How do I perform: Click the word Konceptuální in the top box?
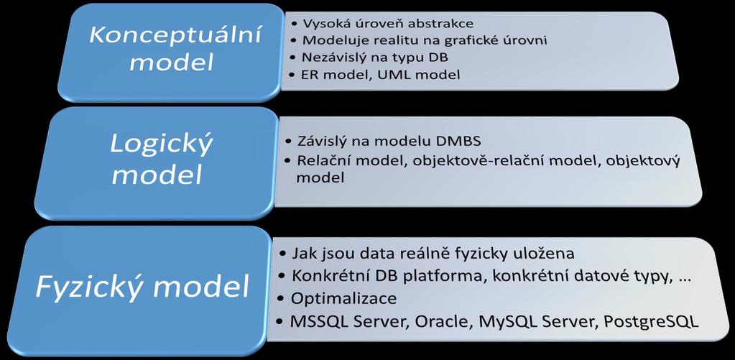pyautogui.click(x=175, y=36)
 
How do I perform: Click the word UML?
pyautogui.click(x=396, y=74)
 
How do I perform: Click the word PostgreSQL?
pyautogui.click(x=651, y=322)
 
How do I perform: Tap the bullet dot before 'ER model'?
pyautogui.click(x=293, y=74)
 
